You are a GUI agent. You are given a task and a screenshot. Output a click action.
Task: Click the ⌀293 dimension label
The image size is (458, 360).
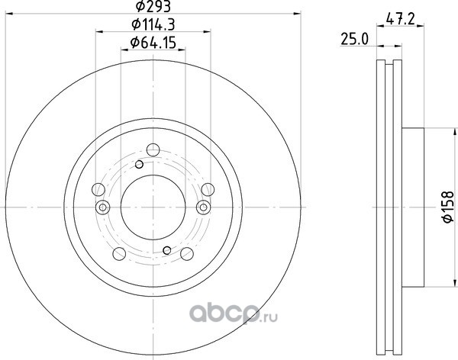[x=153, y=6]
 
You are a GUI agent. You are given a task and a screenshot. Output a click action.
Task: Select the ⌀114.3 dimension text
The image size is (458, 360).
[x=153, y=24]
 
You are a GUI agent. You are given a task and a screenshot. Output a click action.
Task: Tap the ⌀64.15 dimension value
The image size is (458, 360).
[x=153, y=43]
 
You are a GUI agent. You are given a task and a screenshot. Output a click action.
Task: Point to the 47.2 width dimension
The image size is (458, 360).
[x=400, y=20]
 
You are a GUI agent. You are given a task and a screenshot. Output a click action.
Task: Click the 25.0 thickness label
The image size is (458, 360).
[x=355, y=39]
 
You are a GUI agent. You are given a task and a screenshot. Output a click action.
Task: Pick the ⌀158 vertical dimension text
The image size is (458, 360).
[x=449, y=207]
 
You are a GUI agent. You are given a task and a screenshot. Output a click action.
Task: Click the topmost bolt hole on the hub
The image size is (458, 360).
[x=153, y=150]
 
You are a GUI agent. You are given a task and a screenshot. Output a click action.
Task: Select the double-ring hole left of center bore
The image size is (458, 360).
[x=103, y=207]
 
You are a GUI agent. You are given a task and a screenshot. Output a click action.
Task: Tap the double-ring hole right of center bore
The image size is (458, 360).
[x=203, y=207]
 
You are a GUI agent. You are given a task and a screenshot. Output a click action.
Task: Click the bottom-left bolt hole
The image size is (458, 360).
[x=119, y=253]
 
